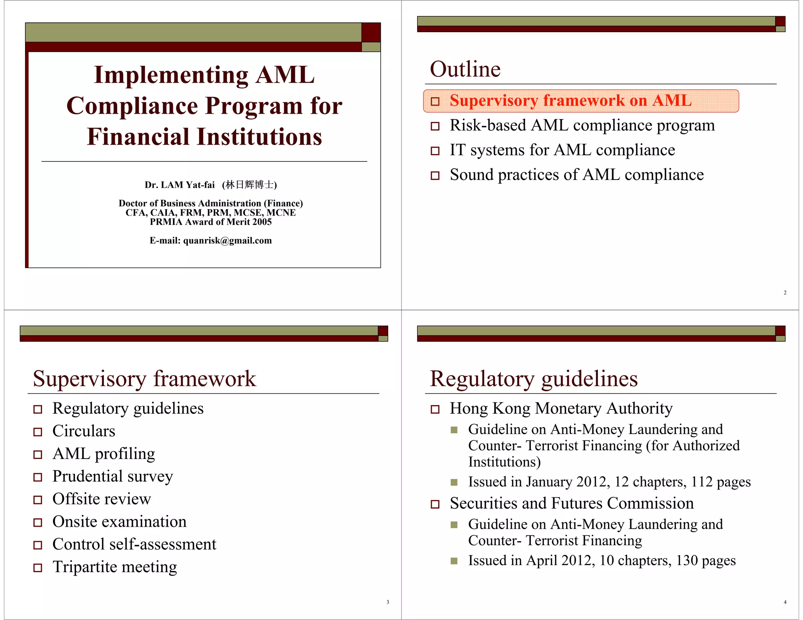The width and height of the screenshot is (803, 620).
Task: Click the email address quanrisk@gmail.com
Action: point(227,241)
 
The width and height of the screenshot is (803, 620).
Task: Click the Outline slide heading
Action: point(465,69)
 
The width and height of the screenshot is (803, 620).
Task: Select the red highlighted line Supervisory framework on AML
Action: point(570,101)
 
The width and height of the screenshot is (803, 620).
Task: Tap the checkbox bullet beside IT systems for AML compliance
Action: point(435,151)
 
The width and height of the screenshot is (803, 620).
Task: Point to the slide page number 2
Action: point(785,292)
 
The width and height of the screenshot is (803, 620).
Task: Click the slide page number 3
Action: point(388,602)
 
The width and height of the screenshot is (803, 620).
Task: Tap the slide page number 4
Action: point(785,602)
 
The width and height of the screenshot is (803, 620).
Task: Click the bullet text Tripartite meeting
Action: point(114,567)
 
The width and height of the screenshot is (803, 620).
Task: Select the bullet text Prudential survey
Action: point(113,477)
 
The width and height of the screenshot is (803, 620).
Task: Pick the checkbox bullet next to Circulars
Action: point(38,432)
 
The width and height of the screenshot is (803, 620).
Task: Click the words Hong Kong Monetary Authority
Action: point(561,408)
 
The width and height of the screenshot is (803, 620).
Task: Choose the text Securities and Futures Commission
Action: point(571,503)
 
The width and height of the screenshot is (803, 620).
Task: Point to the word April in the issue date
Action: point(541,560)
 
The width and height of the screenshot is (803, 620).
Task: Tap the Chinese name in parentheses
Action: point(249,185)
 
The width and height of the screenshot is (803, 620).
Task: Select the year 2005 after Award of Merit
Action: point(262,222)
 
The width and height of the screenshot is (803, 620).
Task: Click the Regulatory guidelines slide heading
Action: point(534,379)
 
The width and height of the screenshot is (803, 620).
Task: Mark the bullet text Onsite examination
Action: point(119,522)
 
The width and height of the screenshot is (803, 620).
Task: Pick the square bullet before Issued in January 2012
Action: point(454,482)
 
